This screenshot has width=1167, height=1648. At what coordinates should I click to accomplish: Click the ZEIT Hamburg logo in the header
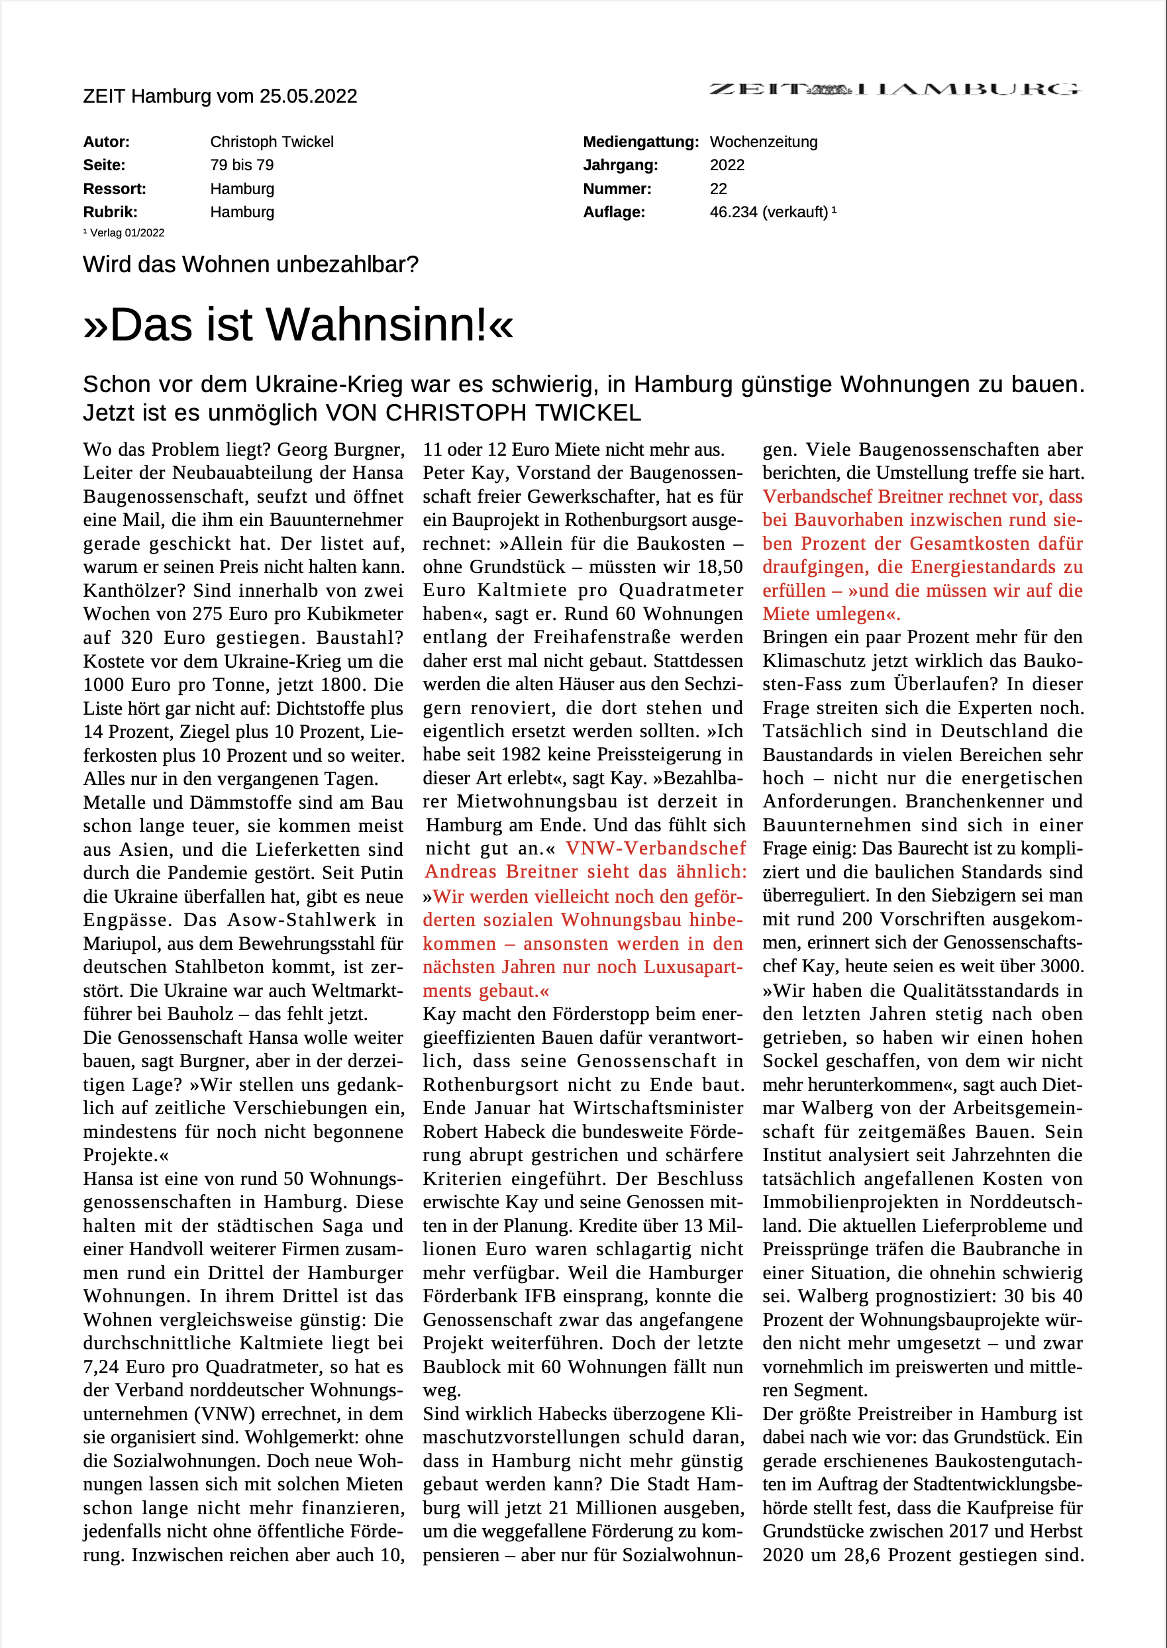895,89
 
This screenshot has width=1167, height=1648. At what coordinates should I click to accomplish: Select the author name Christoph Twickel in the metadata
272,142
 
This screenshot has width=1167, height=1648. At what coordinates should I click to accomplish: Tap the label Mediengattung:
640,142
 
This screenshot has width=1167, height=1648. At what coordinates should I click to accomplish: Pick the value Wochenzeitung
763,142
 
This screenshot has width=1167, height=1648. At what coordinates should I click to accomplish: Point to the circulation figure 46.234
733,212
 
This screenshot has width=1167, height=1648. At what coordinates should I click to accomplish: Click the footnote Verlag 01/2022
127,233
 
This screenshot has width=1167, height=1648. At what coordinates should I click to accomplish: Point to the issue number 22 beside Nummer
718,189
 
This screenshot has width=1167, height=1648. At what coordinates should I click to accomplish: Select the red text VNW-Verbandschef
655,849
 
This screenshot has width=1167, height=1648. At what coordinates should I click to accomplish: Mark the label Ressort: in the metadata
115,189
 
